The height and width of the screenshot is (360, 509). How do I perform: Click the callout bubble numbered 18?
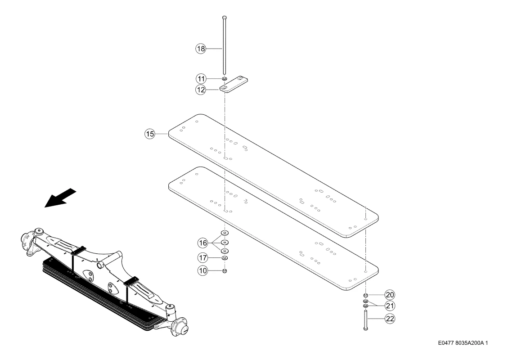tap(201, 49)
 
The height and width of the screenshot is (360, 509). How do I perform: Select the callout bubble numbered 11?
tap(201, 79)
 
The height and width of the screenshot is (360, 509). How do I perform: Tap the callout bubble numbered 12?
tap(201, 90)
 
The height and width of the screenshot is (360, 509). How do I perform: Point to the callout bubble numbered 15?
tap(150, 134)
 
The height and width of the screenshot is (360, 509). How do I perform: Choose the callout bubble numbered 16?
tap(203, 243)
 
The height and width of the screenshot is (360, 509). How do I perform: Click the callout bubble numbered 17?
tap(203, 258)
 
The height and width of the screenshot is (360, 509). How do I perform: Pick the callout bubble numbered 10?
tap(203, 271)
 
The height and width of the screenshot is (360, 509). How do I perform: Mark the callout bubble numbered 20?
tap(390, 295)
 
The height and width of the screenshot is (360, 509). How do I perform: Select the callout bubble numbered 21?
tap(390, 306)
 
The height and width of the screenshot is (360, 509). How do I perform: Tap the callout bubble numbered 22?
tap(390, 319)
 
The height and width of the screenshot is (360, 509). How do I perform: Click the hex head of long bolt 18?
tap(224, 17)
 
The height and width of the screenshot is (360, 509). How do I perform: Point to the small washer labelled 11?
tap(224, 79)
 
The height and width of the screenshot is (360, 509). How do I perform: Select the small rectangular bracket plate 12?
tap(234, 85)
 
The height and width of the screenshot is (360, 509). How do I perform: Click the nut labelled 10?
tap(224, 270)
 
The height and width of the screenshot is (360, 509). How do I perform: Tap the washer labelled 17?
tap(224, 258)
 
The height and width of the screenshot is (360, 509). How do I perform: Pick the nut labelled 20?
tap(365, 295)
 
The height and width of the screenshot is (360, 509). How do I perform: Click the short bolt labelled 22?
tap(365, 320)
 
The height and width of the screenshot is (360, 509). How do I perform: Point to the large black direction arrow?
tap(60, 198)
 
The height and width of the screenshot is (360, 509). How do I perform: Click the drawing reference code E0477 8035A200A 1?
tap(463, 343)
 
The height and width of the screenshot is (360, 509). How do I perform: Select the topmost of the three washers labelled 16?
tap(224, 233)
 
